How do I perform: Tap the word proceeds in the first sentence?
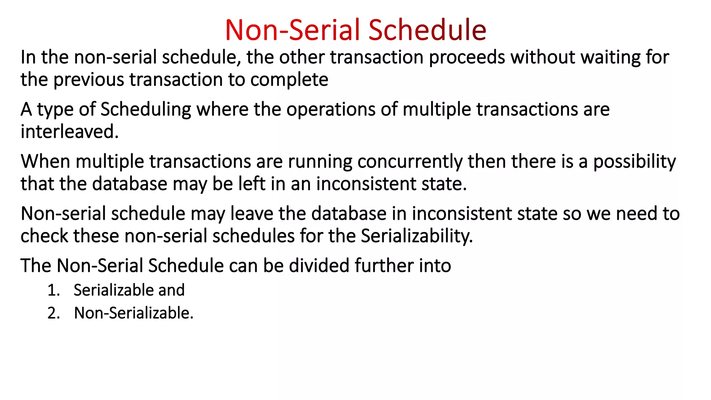pyautogui.click(x=467, y=58)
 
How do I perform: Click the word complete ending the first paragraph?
pyautogui.click(x=289, y=80)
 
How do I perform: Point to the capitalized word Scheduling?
pyautogui.click(x=146, y=110)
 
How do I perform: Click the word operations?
pyautogui.click(x=331, y=110)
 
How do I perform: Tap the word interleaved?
pyautogui.click(x=69, y=132)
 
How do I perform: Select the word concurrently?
pyautogui.click(x=410, y=162)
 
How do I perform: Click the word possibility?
pyautogui.click(x=634, y=162)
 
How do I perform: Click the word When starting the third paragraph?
pyautogui.click(x=45, y=162)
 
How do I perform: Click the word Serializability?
pyautogui.click(x=417, y=236)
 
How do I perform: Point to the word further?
pyautogui.click(x=384, y=266)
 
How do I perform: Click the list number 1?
pyautogui.click(x=53, y=290)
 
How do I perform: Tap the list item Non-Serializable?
pyautogui.click(x=134, y=313)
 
